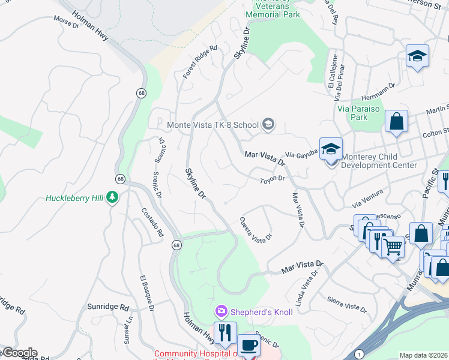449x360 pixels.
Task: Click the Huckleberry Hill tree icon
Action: coord(112,197)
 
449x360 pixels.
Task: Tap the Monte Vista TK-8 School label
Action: coord(212,125)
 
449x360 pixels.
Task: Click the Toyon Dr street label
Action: coord(271,179)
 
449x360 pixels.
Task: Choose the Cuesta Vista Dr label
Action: coord(256,229)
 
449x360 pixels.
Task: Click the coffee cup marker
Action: coord(249,347)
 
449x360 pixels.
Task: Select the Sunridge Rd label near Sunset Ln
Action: coord(107,307)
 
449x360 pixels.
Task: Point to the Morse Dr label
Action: coord(66,22)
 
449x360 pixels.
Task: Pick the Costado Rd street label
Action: coord(152,223)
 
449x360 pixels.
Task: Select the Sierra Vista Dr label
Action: coord(347,304)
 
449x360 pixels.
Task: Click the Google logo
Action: coord(19,353)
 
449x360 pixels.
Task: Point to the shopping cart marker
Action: coord(393,246)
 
